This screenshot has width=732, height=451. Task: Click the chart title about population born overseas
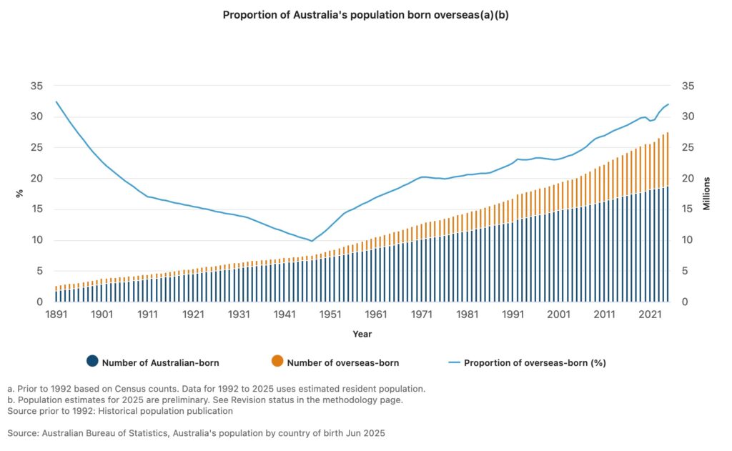[x=365, y=14]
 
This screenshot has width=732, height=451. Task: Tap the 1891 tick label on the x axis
[x=56, y=314]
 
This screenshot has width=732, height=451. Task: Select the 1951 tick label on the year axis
[x=330, y=314]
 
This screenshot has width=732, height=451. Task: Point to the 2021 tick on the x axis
[x=649, y=314]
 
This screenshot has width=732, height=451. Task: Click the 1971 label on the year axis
[x=421, y=314]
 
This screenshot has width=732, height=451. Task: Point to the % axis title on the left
[x=20, y=194]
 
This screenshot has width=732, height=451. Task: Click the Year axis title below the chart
[x=362, y=334]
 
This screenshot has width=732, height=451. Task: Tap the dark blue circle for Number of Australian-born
[x=91, y=362]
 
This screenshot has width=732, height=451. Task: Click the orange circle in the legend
[x=277, y=362]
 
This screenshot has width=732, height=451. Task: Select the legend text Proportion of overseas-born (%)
[x=535, y=362]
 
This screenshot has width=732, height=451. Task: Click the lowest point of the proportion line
[x=311, y=241]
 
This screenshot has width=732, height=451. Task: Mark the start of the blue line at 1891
[x=56, y=101]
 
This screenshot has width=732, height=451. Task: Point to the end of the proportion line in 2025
[x=668, y=104]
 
